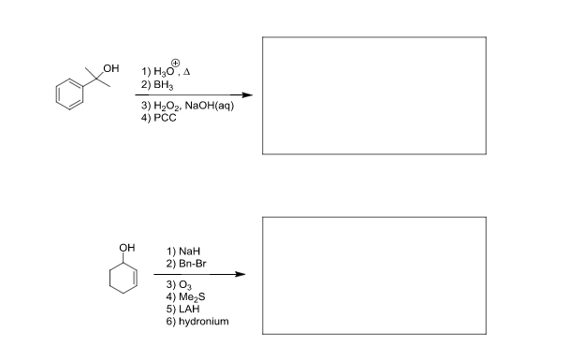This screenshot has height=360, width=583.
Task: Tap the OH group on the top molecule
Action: pyautogui.click(x=113, y=67)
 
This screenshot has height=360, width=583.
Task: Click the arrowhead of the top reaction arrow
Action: pyautogui.click(x=246, y=95)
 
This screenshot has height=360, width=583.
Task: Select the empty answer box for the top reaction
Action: pyautogui.click(x=374, y=94)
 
